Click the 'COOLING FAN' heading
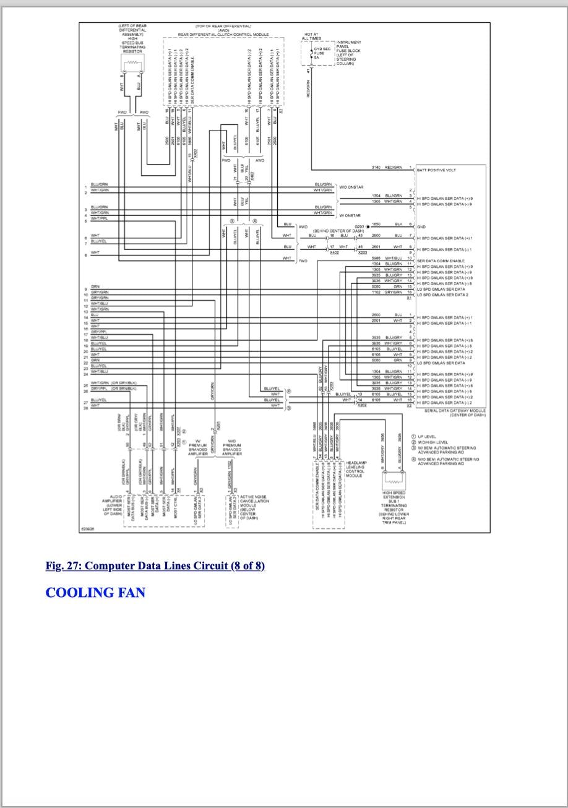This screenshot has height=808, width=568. click(x=95, y=593)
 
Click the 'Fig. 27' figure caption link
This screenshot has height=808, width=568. click(x=155, y=566)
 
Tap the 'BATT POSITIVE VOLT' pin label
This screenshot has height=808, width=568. click(x=436, y=170)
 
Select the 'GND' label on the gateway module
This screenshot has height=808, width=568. click(x=421, y=227)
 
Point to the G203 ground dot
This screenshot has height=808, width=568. click(x=368, y=227)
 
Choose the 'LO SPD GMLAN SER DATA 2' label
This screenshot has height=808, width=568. click(x=445, y=295)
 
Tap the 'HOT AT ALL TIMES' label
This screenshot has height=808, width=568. click(x=311, y=36)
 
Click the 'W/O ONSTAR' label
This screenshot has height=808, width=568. click(x=351, y=187)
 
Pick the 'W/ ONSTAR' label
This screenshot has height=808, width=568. click(x=350, y=215)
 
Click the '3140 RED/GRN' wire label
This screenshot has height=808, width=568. click(x=387, y=167)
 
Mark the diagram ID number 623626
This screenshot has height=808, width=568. click(x=87, y=529)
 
